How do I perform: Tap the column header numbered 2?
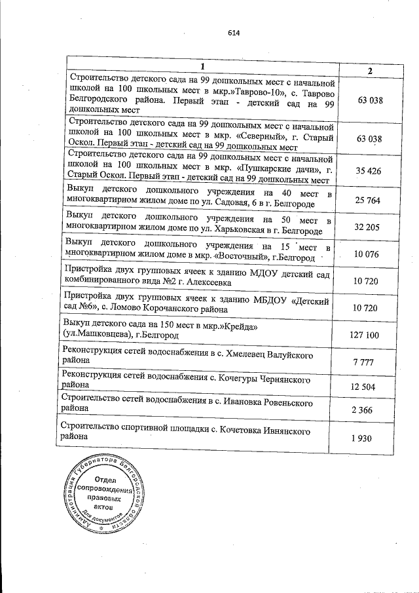coord(370,71)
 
